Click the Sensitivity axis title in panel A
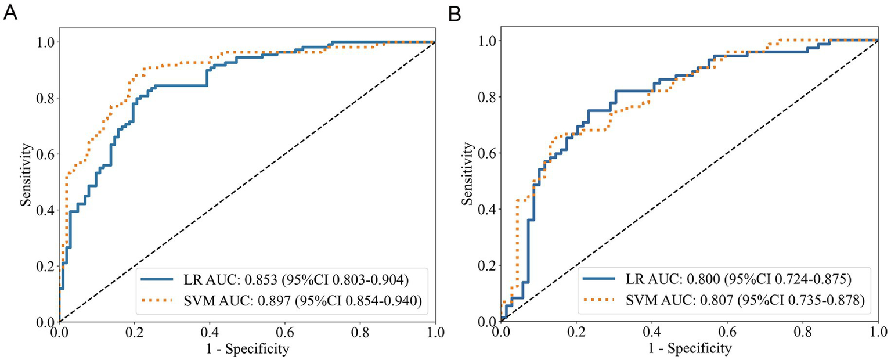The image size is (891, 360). click(26, 181)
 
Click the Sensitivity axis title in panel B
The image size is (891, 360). click(468, 181)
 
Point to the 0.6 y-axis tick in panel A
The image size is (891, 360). click(44, 154)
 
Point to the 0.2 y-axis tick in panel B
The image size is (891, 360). click(486, 265)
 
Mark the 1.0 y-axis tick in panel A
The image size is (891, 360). click(44, 42)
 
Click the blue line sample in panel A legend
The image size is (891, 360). click(157, 279)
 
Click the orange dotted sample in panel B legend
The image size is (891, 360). click(599, 301)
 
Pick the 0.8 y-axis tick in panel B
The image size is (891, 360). click(486, 97)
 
